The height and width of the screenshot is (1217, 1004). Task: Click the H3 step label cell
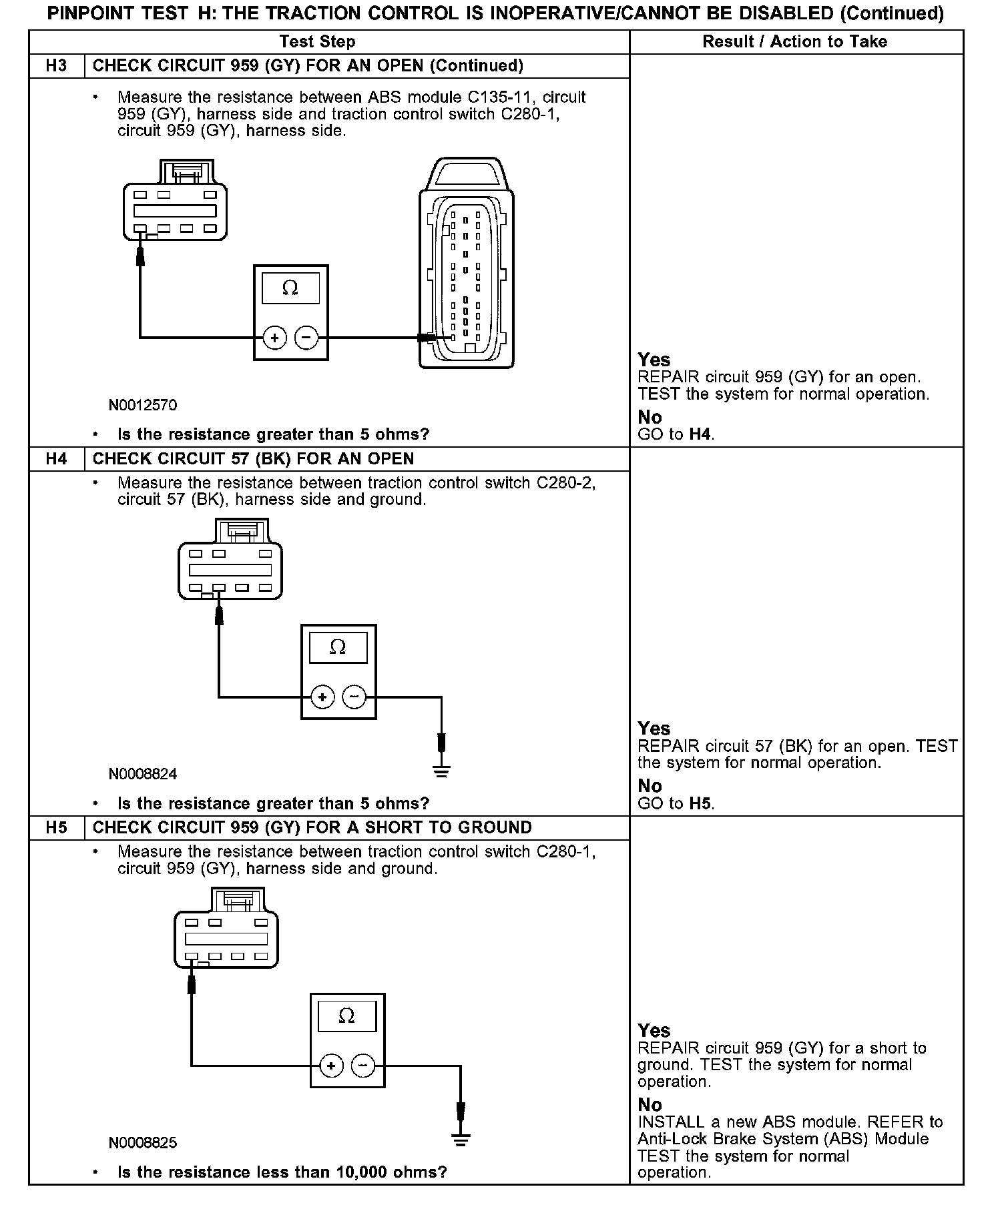tap(57, 65)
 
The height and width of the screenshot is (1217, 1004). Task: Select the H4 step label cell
tap(57, 458)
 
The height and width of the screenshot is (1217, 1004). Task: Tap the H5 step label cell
tap(57, 827)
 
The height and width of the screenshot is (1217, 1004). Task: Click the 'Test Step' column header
tap(317, 41)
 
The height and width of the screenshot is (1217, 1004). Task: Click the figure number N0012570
tap(143, 405)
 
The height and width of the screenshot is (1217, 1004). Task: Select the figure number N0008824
tap(143, 774)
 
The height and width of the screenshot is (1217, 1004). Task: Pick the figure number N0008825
tap(143, 1143)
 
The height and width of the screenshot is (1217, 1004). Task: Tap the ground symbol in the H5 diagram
tap(460, 1140)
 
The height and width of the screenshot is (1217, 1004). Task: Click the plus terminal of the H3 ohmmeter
tap(274, 338)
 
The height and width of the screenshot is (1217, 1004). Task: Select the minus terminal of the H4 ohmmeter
tap(354, 698)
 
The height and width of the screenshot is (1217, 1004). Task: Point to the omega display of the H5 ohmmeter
tap(346, 1016)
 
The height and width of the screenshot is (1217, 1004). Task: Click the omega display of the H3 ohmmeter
tap(290, 288)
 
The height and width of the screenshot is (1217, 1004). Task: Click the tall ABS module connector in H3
tap(466, 264)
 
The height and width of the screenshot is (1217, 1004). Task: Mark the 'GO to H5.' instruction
tap(676, 803)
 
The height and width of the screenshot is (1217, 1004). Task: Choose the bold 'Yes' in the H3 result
tap(654, 360)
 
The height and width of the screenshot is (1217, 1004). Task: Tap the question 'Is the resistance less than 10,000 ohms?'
tap(282, 1172)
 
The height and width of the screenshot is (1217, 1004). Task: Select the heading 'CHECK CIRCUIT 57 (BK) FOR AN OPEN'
tap(253, 458)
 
